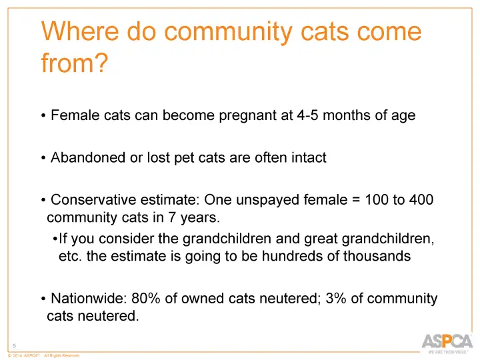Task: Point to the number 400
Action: (419, 201)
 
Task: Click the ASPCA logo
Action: (445, 341)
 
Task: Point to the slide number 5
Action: (15, 345)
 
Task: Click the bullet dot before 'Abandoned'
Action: (43, 159)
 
